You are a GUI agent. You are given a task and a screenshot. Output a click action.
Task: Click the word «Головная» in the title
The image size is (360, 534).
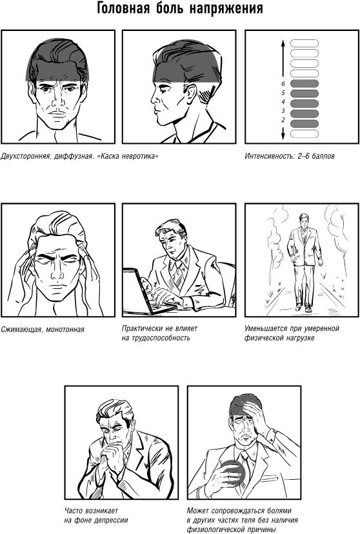(x=123, y=8)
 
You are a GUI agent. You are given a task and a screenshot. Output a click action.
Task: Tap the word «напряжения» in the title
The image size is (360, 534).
(x=226, y=9)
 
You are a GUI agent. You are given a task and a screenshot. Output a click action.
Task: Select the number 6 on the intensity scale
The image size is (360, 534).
(x=283, y=83)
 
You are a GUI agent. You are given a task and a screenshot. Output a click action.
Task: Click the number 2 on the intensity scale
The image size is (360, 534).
(x=283, y=120)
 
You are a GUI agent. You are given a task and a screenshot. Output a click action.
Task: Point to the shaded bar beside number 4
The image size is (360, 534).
(x=304, y=103)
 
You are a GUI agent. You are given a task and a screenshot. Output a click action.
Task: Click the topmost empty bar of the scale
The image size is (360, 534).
(x=304, y=43)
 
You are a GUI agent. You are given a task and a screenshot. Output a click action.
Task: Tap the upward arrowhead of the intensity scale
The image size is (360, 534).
(x=283, y=43)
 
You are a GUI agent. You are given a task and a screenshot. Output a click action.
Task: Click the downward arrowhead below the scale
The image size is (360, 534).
(x=283, y=136)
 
